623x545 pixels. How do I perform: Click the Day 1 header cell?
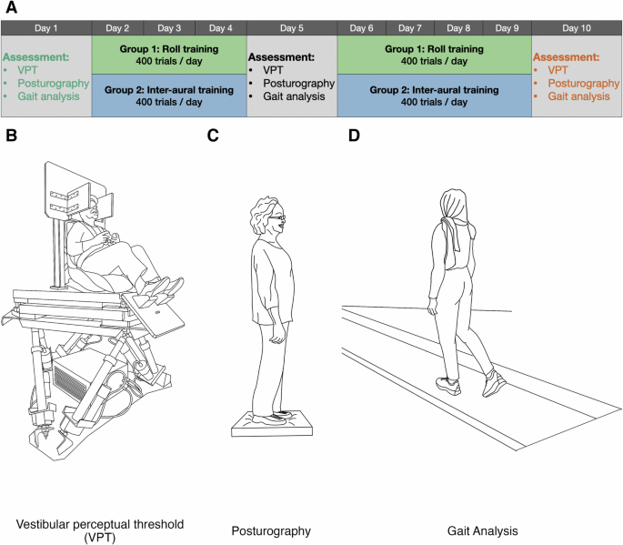pyautogui.click(x=46, y=28)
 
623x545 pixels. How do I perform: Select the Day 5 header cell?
pyautogui.click(x=292, y=28)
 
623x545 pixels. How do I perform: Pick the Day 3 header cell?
pyautogui.click(x=169, y=28)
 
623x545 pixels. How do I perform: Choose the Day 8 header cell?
pyautogui.click(x=459, y=28)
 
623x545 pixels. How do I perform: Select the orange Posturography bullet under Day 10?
pyautogui.click(x=580, y=83)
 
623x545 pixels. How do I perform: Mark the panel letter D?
pyautogui.click(x=355, y=136)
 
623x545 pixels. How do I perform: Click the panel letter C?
pyautogui.click(x=213, y=136)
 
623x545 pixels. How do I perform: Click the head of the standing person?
pyautogui.click(x=268, y=216)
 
